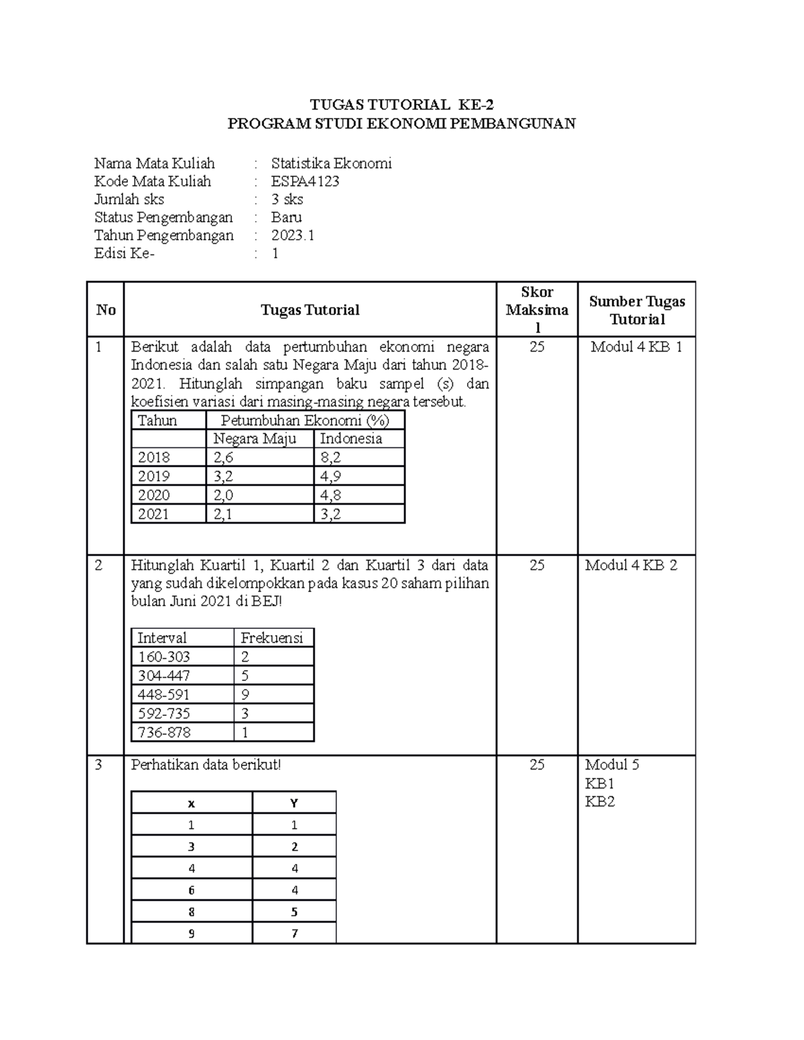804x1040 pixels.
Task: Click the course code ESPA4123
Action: (x=305, y=181)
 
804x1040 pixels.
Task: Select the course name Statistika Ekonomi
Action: (x=331, y=163)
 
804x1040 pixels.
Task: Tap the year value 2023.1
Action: (x=292, y=235)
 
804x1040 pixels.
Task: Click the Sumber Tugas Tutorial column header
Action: (x=636, y=310)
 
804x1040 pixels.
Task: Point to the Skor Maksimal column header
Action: (x=537, y=309)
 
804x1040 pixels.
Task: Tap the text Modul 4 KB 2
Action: (x=630, y=565)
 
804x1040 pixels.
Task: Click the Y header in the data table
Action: (x=293, y=803)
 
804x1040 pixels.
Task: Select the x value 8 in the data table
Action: (x=192, y=911)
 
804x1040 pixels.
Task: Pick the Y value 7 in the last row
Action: (x=294, y=933)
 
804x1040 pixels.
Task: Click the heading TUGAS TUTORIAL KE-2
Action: (x=401, y=104)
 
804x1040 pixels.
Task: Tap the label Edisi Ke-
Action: (x=124, y=253)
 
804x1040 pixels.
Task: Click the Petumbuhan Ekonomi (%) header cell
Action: (x=304, y=421)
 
